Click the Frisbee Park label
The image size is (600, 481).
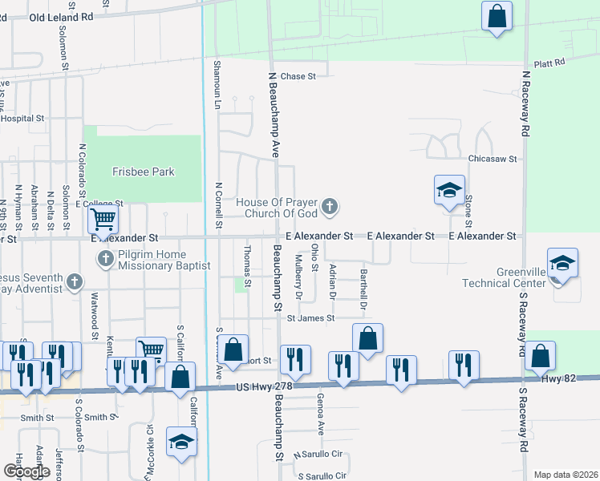[144, 172]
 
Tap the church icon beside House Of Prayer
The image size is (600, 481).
[329, 208]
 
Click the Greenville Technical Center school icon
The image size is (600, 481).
[562, 263]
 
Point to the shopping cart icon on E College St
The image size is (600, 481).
[103, 218]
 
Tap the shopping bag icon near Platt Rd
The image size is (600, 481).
[497, 15]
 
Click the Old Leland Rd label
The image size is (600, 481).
[61, 16]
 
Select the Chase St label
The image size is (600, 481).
[298, 76]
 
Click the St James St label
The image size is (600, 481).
[310, 318]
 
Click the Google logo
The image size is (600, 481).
[26, 471]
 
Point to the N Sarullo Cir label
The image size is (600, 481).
[320, 454]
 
